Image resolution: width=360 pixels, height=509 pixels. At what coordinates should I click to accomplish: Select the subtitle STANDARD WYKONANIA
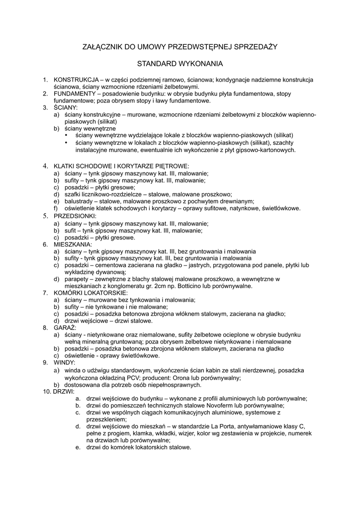coord(180,64)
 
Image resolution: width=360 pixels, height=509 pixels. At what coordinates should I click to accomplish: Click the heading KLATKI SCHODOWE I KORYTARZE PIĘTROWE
coord(121,166)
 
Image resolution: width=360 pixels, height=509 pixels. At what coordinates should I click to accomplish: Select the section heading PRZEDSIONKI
coord(75,216)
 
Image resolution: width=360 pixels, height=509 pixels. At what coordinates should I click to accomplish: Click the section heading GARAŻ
coord(65,328)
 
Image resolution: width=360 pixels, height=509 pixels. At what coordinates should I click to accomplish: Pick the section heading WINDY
coord(64,363)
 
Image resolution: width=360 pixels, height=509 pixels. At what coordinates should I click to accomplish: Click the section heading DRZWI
coord(64,392)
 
